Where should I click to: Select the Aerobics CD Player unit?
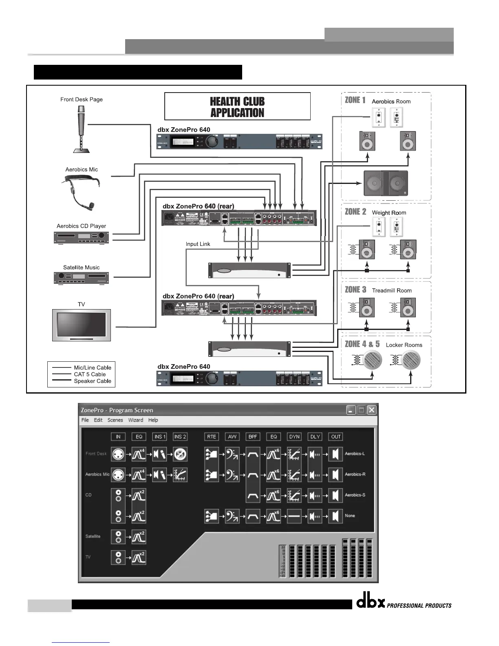[82, 237]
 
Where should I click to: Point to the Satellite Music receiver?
[82, 278]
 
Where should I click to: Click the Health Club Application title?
[237, 107]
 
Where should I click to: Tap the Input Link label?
[198, 244]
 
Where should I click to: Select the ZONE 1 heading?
[355, 100]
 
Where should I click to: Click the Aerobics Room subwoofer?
[385, 184]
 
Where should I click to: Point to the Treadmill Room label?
[392, 290]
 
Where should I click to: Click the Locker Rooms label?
[404, 345]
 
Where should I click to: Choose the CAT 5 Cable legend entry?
[90, 374]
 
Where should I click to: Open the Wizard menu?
[136, 420]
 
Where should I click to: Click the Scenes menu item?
[115, 420]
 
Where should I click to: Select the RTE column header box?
[211, 436]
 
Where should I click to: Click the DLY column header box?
[315, 436]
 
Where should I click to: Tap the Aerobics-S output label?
[355, 495]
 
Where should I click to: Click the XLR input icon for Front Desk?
[118, 454]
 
